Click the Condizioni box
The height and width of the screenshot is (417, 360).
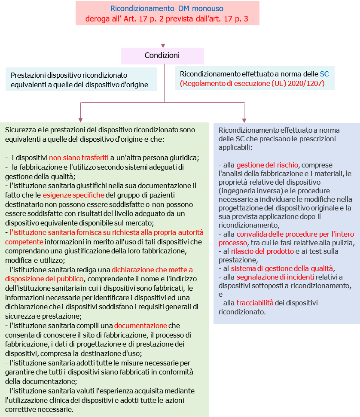tap(162, 56)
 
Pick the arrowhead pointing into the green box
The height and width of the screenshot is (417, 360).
tap(80, 119)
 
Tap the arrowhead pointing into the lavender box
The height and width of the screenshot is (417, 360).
tap(244, 119)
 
